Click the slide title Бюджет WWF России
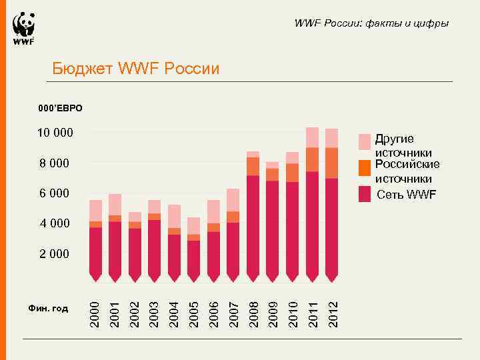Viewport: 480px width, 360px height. pos(135,69)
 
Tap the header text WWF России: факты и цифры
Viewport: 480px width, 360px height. pos(371,23)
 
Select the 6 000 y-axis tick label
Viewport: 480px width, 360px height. pos(55,193)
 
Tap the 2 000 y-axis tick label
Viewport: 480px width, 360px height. pos(55,254)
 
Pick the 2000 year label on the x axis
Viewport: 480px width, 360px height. pos(95,313)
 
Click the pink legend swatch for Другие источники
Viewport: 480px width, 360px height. pos(364,141)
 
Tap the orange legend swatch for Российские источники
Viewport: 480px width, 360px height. pos(364,167)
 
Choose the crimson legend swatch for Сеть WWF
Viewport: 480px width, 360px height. pos(364,194)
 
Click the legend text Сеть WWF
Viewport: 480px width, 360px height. pos(406,195)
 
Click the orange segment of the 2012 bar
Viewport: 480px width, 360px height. pos(332,163)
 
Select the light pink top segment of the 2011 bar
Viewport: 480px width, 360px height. pos(312,137)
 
